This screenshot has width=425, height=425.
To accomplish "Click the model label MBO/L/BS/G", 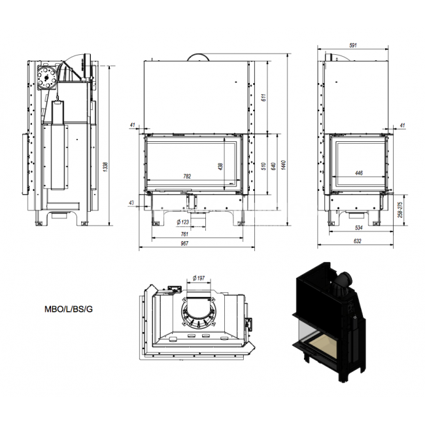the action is [69, 309].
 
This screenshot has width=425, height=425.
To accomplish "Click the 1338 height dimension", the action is [106, 167].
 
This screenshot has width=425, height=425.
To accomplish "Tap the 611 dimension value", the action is [264, 97].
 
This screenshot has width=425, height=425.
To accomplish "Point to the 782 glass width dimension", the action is [187, 177].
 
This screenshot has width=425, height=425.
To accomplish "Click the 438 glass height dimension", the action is [220, 167].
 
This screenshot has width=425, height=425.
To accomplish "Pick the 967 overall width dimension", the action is [184, 243].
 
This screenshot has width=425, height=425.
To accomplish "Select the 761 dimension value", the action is [184, 234].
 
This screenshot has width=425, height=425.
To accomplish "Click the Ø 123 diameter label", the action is [183, 222].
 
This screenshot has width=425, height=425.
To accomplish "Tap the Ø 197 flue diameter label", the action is [199, 278].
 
